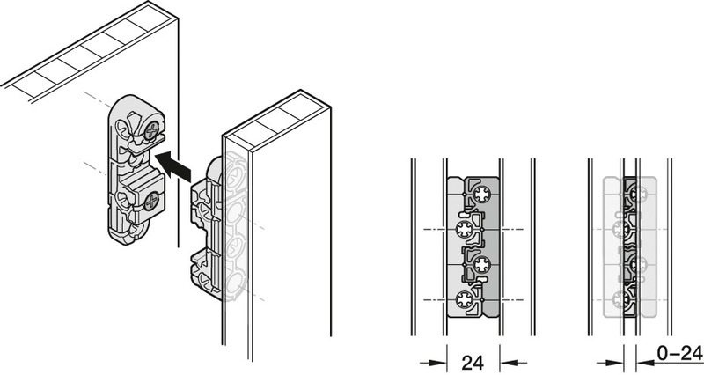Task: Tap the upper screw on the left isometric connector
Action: click(151, 132)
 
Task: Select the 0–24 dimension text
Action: click(678, 354)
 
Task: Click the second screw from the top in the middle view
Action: click(463, 231)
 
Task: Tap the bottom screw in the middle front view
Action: click(463, 299)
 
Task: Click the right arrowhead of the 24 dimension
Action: click(508, 361)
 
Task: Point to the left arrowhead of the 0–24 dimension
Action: click(615, 361)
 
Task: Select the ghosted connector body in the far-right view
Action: click(610, 246)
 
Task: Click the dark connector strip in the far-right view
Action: click(629, 246)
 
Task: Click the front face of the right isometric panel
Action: click(282, 264)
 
